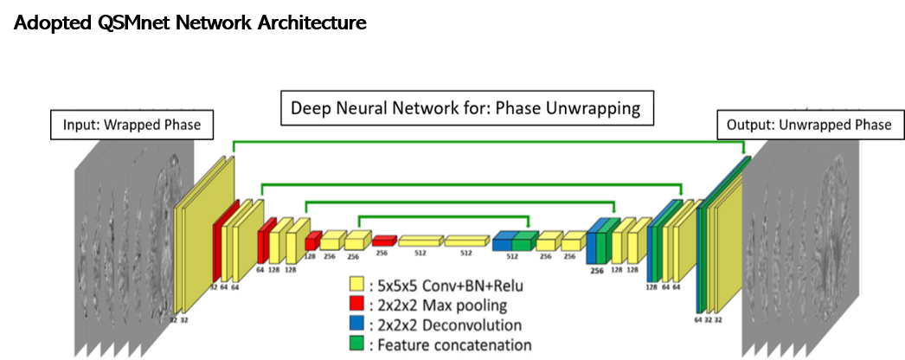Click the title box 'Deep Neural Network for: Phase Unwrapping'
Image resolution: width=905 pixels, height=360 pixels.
click(465, 110)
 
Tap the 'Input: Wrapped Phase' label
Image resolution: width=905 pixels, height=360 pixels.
click(132, 125)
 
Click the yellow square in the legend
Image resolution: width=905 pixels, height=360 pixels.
click(354, 286)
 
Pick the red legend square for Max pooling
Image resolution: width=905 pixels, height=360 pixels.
click(354, 305)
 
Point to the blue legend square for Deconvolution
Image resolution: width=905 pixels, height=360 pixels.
click(354, 325)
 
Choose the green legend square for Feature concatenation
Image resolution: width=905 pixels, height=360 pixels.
click(354, 345)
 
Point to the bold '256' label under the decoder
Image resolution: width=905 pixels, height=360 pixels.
click(597, 270)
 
